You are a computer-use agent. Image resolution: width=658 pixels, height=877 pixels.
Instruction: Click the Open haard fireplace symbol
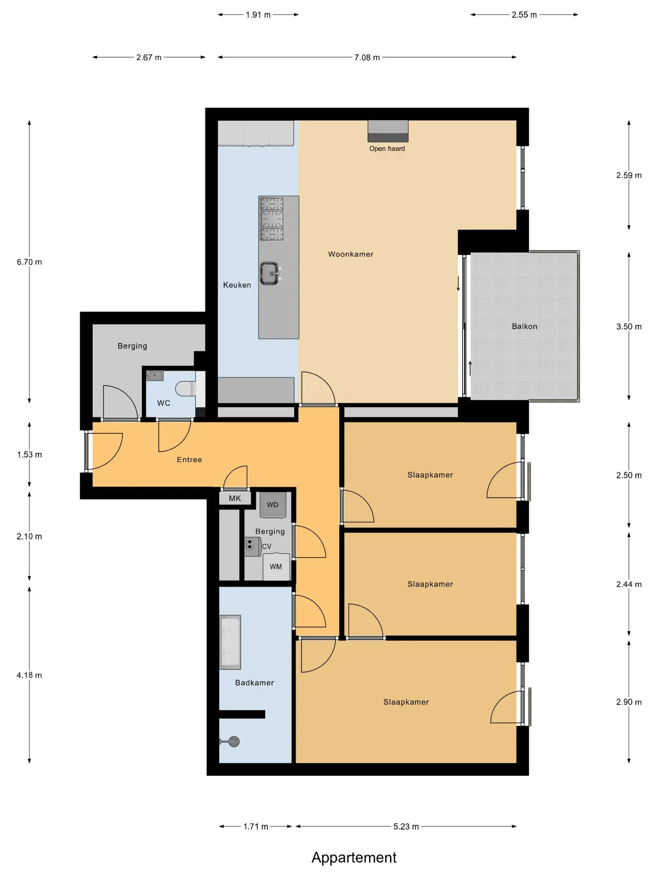click(388, 131)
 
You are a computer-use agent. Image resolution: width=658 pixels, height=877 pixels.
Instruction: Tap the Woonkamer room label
click(351, 254)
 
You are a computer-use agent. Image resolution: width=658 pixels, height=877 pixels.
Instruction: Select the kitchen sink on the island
click(270, 273)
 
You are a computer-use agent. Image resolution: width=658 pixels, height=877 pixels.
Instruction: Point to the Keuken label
click(237, 285)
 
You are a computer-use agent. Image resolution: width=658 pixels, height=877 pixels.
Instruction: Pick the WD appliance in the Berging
click(272, 505)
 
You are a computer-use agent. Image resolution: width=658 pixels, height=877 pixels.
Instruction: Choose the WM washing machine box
click(276, 567)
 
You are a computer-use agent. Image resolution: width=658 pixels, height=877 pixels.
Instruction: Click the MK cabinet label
click(235, 498)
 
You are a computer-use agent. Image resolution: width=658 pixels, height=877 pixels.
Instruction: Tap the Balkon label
click(524, 326)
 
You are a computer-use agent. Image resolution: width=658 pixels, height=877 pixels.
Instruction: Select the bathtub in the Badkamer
click(230, 642)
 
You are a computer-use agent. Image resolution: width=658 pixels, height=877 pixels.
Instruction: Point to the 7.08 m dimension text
click(367, 57)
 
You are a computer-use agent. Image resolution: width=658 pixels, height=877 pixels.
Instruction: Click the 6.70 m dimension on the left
click(30, 262)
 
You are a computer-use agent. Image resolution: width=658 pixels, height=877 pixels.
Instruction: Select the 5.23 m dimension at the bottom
click(406, 826)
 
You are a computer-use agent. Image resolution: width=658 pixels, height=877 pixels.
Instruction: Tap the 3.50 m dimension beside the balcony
click(629, 327)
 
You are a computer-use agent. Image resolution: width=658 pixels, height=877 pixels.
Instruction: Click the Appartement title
click(354, 857)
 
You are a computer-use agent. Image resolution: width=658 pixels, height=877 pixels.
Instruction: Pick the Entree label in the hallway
click(189, 460)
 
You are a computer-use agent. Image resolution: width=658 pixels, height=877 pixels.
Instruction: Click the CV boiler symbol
click(253, 547)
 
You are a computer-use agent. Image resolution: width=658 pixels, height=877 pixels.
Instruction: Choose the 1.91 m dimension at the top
click(258, 15)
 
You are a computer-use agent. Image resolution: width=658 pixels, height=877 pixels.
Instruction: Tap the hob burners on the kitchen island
click(272, 219)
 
